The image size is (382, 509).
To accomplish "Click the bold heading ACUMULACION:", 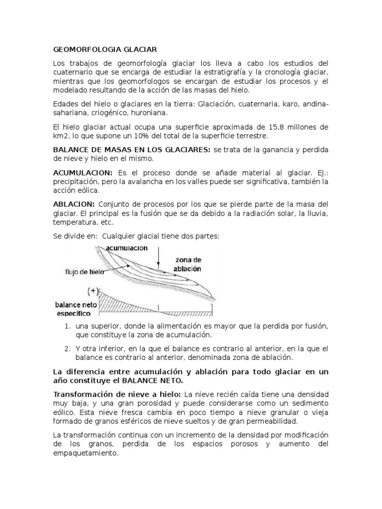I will [x=83, y=172].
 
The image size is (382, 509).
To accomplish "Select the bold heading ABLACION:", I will [x=74, y=204].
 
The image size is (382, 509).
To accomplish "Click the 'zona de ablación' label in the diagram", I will [x=188, y=264].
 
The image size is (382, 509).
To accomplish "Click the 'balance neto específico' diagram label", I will [x=75, y=308].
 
